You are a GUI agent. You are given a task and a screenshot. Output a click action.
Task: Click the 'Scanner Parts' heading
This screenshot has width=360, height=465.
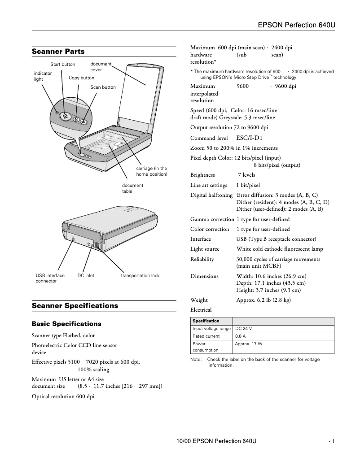(x=58, y=52)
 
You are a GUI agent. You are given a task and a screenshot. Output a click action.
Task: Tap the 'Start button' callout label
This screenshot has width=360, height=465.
(x=62, y=65)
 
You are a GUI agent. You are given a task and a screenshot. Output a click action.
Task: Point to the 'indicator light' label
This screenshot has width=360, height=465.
(x=43, y=76)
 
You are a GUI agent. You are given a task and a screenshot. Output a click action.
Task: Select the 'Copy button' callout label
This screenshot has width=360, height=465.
(x=81, y=78)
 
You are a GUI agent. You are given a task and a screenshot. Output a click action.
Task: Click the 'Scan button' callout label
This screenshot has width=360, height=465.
(x=103, y=87)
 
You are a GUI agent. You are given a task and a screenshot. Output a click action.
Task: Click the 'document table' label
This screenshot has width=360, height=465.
(x=132, y=188)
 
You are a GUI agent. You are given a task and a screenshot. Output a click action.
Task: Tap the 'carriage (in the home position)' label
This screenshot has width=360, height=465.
(x=151, y=171)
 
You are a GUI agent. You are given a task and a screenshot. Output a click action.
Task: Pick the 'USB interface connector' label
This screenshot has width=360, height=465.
(x=50, y=278)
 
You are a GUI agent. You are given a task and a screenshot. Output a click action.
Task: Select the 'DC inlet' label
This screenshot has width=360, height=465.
(x=86, y=276)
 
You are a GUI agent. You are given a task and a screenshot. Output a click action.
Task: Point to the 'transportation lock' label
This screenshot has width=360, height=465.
(x=140, y=276)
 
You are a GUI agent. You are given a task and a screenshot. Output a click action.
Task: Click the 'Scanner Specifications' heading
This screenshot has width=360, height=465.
(x=75, y=306)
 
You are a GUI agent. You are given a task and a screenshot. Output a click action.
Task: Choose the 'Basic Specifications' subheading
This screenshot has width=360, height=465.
(x=66, y=324)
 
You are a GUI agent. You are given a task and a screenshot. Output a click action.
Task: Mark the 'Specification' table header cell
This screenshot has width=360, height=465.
(x=206, y=321)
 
